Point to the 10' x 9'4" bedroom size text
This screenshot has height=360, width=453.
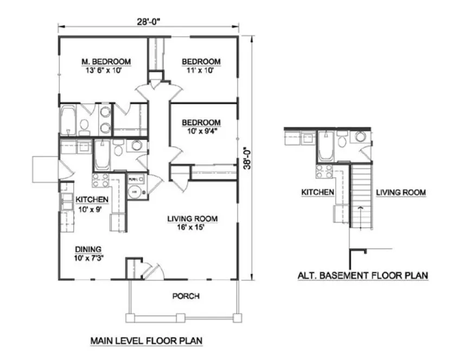coord(201,131)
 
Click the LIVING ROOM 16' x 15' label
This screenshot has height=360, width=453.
coord(192,223)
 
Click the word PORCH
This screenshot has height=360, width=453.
coord(186,296)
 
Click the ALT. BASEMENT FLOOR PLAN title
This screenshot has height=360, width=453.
coord(362,275)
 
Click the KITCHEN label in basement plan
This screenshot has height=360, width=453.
coord(317,192)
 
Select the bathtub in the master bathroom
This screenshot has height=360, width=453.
coord(68,120)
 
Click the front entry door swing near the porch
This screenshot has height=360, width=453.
coord(151,271)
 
